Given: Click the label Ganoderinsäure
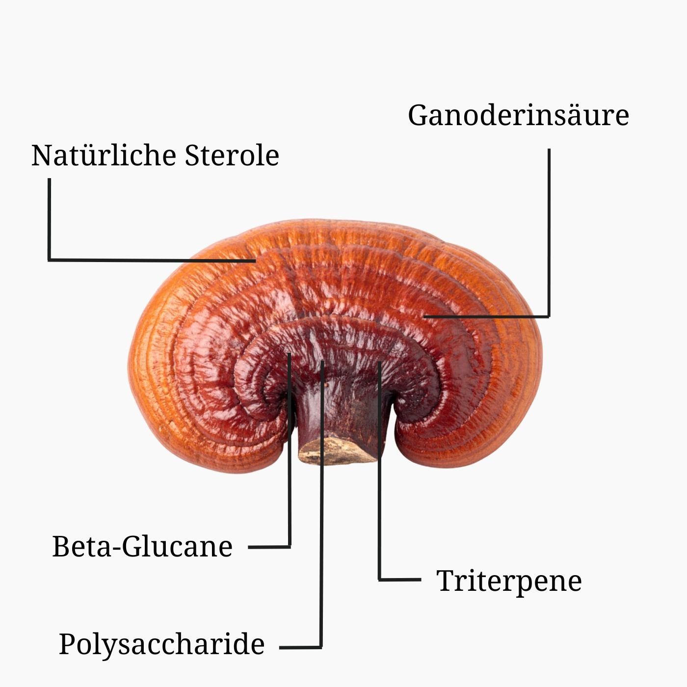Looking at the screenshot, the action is click(518, 115).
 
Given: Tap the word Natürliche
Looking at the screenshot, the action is click(104, 155).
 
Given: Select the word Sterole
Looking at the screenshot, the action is click(232, 155).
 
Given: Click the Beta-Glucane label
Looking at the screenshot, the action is click(142, 546).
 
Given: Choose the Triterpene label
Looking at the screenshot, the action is click(509, 581).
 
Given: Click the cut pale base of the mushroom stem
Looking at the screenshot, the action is click(337, 451).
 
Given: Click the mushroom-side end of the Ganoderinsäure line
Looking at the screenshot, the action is click(424, 316).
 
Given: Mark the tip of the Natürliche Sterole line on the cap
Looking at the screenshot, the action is click(255, 261).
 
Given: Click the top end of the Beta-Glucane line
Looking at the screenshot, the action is click(289, 353).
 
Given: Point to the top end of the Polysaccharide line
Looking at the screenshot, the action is click(322, 361).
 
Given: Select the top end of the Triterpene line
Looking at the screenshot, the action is click(380, 362).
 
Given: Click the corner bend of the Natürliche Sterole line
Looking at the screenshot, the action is click(49, 260).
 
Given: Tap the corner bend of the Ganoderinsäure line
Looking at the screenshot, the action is click(549, 316).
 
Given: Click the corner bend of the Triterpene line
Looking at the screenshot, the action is click(380, 580).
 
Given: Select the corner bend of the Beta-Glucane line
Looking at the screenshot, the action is click(290, 547).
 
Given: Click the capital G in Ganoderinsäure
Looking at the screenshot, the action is click(418, 115).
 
